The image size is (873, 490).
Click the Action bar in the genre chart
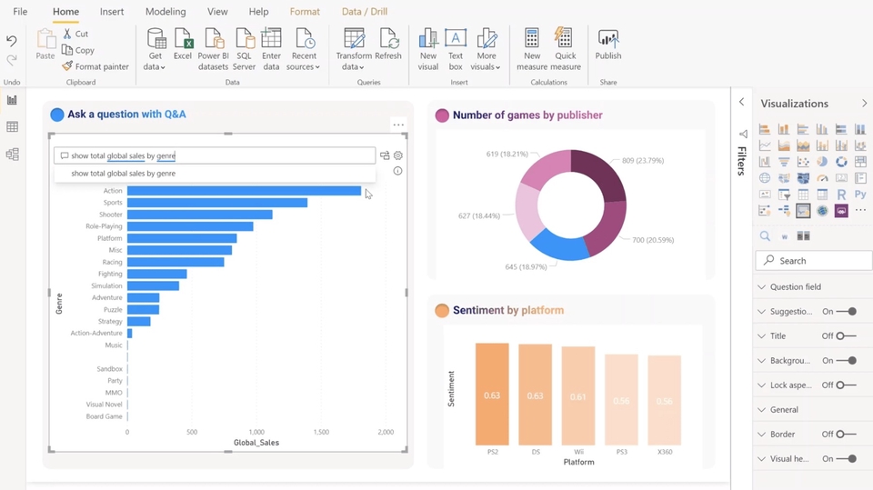(244, 191)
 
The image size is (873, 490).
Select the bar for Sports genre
(216, 203)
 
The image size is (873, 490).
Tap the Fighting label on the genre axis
(110, 274)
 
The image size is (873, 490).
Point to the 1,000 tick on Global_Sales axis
(256, 433)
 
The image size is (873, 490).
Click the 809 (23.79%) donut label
(642, 161)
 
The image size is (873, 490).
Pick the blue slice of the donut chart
(557, 243)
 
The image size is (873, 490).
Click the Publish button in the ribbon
(608, 45)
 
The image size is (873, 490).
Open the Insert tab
(112, 12)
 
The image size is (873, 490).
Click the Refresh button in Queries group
(388, 45)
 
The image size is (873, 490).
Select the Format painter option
(95, 66)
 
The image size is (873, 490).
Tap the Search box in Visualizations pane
(813, 261)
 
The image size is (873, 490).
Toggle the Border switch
(846, 435)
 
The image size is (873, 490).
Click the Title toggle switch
(846, 336)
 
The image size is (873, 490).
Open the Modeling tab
(166, 12)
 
